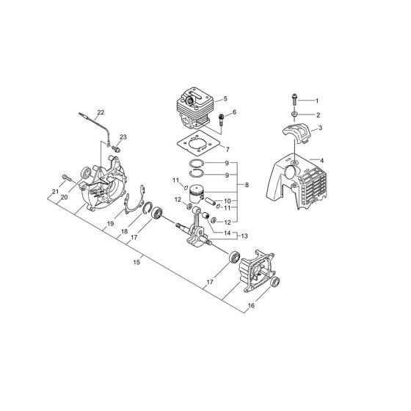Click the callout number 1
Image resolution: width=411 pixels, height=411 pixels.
pyautogui.click(x=318, y=100)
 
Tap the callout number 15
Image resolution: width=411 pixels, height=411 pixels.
pyautogui.click(x=137, y=260)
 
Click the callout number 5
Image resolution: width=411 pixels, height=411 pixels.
pyautogui.click(x=225, y=99)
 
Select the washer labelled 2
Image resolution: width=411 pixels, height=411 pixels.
pyautogui.click(x=293, y=115)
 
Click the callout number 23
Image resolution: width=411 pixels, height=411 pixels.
pyautogui.click(x=123, y=137)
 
